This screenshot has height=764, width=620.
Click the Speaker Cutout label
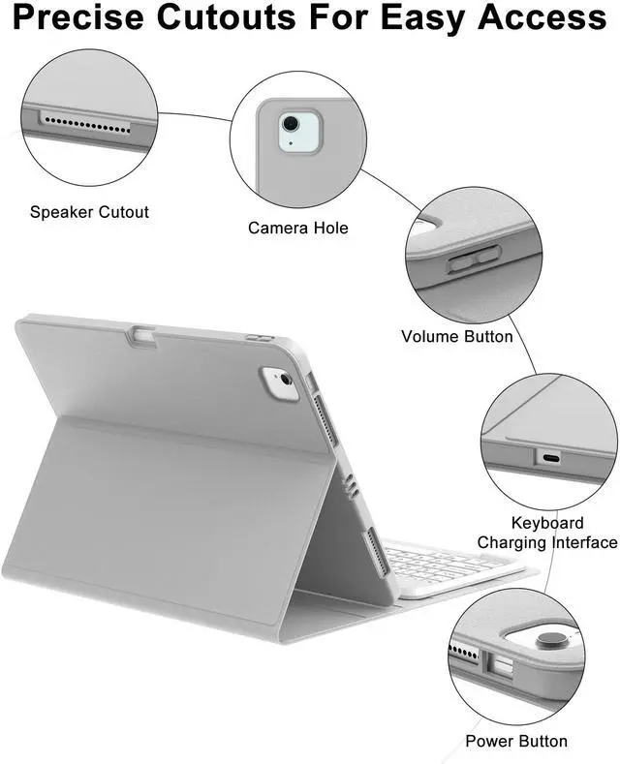89,211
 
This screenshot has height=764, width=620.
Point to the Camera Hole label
297,228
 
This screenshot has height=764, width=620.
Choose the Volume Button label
456,336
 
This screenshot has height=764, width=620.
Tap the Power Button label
515,741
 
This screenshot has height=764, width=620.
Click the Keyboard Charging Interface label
546,533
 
